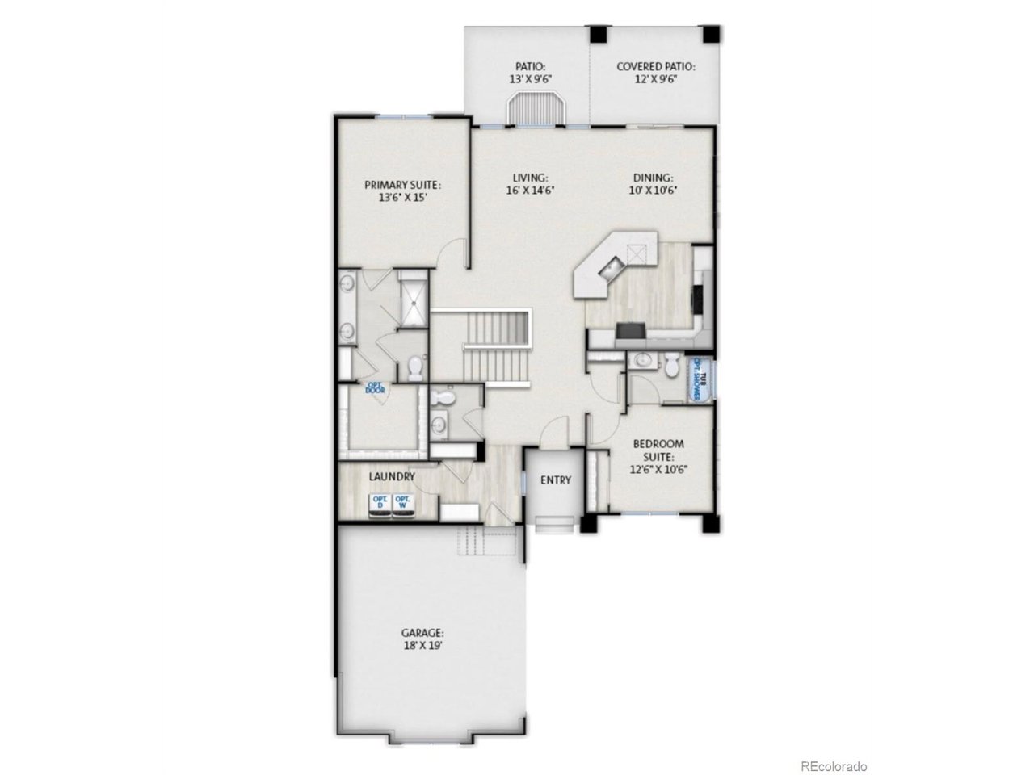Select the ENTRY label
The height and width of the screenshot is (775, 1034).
click(x=556, y=480)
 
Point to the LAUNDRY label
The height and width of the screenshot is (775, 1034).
click(x=392, y=477)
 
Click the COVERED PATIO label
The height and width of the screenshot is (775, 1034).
click(x=655, y=67)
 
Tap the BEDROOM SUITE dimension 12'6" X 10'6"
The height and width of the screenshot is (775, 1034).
click(x=658, y=468)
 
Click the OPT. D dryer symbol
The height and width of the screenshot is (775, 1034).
click(x=379, y=505)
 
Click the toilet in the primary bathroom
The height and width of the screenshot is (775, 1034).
click(x=416, y=368)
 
